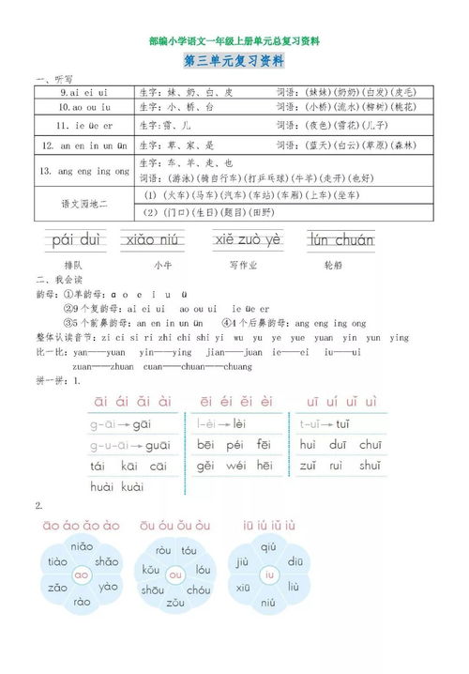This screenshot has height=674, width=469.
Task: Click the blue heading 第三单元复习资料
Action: coord(234,62)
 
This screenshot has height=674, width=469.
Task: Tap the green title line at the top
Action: coord(234,41)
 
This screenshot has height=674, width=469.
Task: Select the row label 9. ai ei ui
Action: coord(85,94)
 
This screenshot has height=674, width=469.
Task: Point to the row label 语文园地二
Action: coord(85,203)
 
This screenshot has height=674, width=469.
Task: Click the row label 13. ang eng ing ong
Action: coord(85,172)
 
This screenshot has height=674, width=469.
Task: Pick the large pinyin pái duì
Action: coord(75,240)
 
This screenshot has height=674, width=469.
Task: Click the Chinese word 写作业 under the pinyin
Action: coord(249,266)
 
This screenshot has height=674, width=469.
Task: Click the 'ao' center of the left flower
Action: coord(82,574)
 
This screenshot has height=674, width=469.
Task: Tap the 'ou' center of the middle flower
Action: coord(175,574)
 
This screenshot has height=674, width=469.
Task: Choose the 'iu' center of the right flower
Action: coord(269,574)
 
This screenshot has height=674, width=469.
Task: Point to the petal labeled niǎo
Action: coord(82,546)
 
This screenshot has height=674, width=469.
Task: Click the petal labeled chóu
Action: coord(199,590)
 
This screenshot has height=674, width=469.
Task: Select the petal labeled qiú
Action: coord(269,546)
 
